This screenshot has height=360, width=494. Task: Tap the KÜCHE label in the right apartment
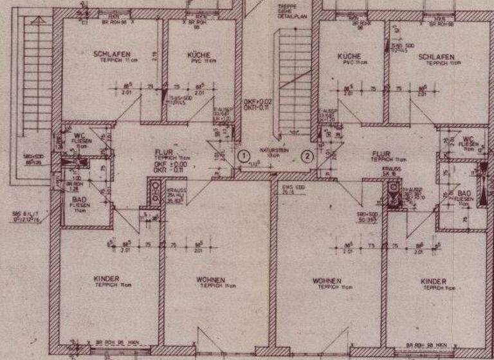tap(349, 57)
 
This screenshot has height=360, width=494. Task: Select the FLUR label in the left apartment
tap(161, 152)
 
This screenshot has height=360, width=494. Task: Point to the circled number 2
tap(307, 155)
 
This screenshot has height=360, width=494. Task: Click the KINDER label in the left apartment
tap(105, 278)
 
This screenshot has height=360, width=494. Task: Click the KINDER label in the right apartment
tap(434, 282)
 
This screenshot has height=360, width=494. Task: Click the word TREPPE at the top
tap(286, 6)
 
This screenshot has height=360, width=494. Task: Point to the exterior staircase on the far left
tap(37, 77)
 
